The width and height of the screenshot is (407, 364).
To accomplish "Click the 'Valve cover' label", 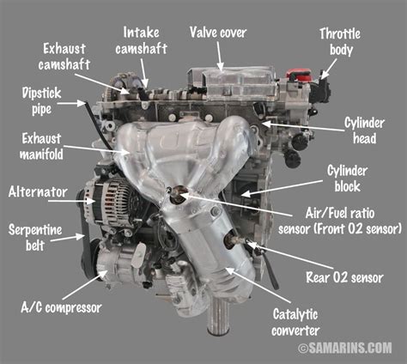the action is [218, 33].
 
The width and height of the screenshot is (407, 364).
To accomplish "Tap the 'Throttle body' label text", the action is [340, 42].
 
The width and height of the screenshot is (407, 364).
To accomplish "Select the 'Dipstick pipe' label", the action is [42, 101].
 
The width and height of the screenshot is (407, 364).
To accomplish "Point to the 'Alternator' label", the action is [38, 191].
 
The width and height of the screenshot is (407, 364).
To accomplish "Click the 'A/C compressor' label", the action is [61, 307].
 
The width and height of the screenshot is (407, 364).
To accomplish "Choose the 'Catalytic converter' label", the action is [295, 322].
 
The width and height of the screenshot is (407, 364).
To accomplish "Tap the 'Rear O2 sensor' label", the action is [344, 277].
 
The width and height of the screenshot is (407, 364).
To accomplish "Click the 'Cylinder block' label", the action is [347, 179].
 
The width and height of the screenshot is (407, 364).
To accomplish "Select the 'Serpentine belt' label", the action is [35, 238].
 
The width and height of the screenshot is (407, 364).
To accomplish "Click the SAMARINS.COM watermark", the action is [345, 348].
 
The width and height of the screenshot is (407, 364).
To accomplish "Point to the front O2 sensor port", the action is [178, 195].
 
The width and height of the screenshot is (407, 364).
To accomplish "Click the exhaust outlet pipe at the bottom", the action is [218, 315].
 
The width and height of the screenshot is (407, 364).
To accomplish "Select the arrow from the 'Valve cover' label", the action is [219, 57].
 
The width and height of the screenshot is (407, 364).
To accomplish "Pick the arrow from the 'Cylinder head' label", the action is [303, 127].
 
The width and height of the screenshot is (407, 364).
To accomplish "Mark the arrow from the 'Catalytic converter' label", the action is [258, 285].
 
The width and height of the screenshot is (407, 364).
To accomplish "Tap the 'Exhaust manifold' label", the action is [41, 147].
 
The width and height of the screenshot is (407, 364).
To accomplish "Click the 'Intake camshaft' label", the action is [142, 40].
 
